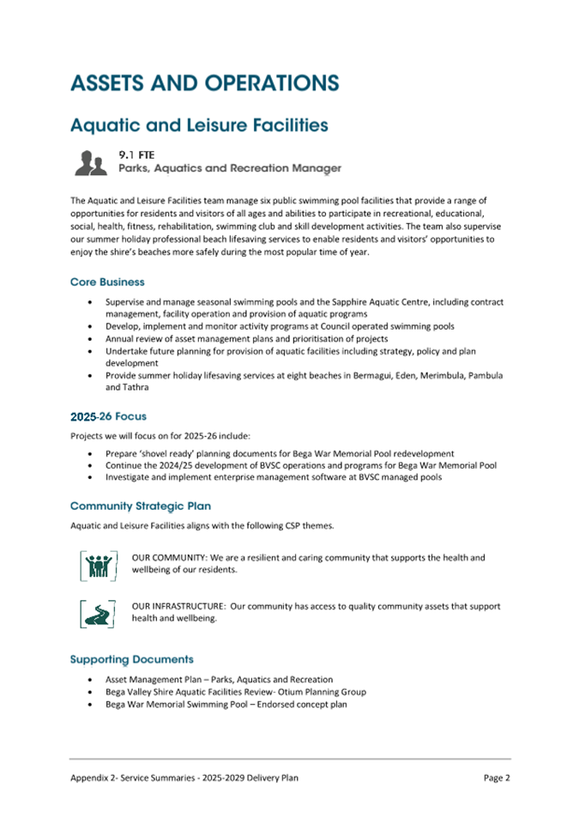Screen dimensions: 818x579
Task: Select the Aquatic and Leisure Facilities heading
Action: pyautogui.click(x=199, y=125)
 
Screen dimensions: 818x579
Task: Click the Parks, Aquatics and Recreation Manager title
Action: pyautogui.click(x=229, y=168)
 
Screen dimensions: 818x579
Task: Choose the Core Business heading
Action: pyautogui.click(x=107, y=282)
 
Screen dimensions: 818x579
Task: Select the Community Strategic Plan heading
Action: pyautogui.click(x=141, y=506)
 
